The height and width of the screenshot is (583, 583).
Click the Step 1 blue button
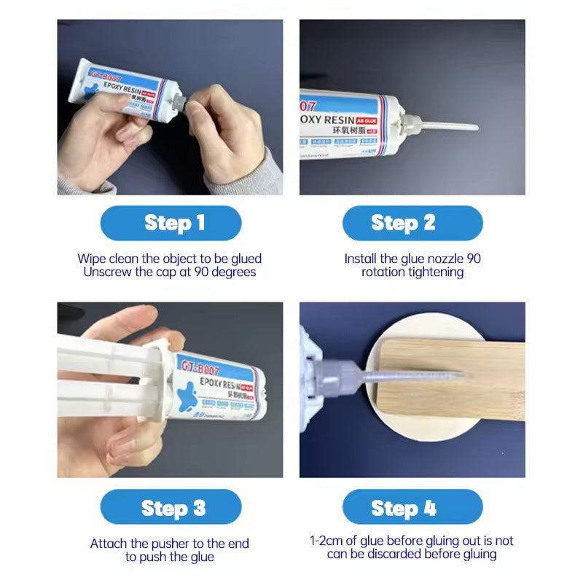pos(171,223)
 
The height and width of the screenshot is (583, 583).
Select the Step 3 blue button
pos(171,507)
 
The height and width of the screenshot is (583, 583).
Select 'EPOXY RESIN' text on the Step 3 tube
pos(219,384)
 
